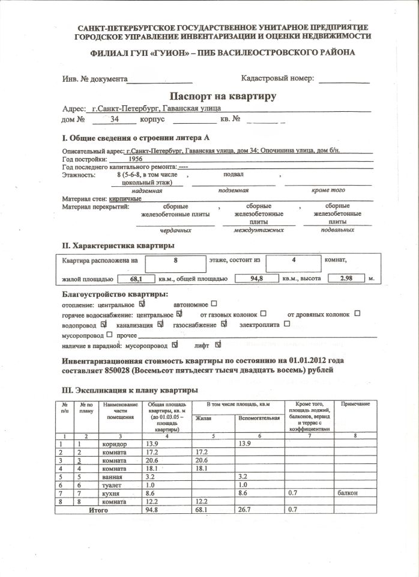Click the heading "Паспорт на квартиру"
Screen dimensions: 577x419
click(x=223, y=96)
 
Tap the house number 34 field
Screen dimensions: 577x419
click(x=115, y=120)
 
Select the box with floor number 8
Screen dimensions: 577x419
click(x=175, y=261)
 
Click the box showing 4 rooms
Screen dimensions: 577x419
click(x=294, y=261)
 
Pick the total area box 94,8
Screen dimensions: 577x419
click(x=256, y=279)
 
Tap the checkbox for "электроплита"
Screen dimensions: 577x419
click(x=286, y=324)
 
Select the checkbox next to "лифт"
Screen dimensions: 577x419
click(x=218, y=345)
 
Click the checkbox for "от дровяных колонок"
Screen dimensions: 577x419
click(x=357, y=314)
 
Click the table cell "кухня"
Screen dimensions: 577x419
click(x=111, y=492)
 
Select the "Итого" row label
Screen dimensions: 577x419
click(x=98, y=509)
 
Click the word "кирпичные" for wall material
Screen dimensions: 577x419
click(x=125, y=198)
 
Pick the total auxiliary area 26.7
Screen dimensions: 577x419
click(x=247, y=509)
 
